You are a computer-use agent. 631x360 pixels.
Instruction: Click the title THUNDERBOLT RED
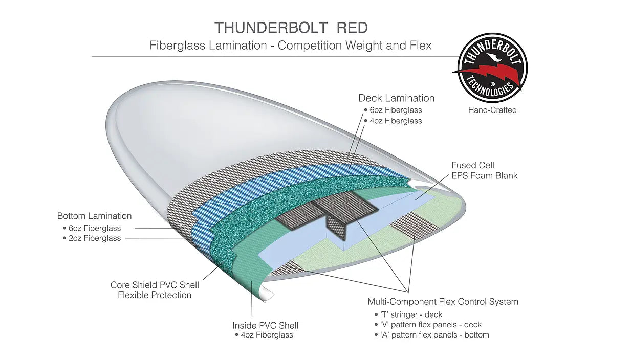coord(291,27)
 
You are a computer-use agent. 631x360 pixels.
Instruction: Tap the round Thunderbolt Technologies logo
coord(492,68)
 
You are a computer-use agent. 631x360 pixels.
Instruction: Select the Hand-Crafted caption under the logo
coord(492,110)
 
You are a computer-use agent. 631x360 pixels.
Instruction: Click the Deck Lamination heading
coord(396,98)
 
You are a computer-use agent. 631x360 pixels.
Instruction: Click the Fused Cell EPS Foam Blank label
coord(484,170)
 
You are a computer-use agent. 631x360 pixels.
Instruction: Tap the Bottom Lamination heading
coord(94,216)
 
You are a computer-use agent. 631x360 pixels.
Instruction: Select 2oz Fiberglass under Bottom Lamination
coord(95,238)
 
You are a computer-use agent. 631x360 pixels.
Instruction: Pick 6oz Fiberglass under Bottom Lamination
coord(95,228)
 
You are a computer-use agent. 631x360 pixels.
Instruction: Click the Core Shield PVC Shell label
coord(155,285)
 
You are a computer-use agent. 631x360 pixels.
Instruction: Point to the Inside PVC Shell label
coord(265,325)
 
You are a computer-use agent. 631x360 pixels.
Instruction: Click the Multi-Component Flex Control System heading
coord(443,302)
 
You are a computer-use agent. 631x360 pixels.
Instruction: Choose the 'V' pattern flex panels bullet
coord(430,325)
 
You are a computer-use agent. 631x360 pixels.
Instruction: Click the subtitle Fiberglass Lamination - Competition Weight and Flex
coord(291,46)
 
